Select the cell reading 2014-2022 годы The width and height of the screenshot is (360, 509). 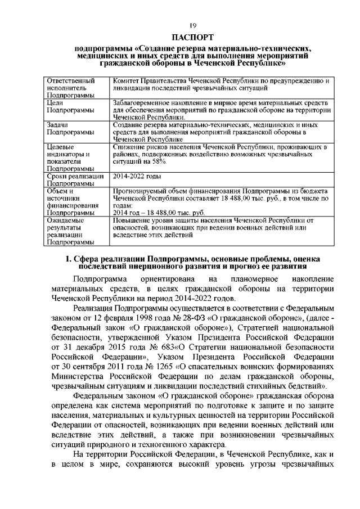click(x=137, y=176)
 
